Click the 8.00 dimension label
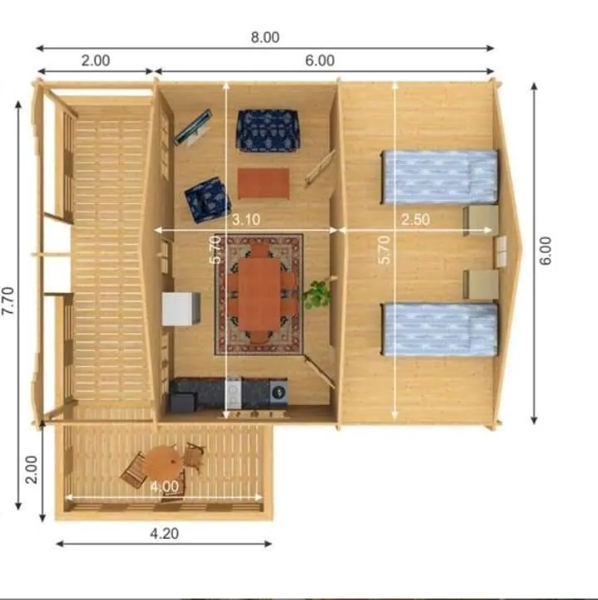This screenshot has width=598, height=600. point(265,37)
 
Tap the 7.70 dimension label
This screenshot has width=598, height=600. point(8,301)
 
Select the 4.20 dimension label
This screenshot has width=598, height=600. point(164,534)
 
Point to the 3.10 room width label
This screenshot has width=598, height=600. point(246,219)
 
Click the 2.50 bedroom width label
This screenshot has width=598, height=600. point(415,219)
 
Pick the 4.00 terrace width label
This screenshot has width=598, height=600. point(164,486)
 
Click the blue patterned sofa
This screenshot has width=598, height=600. point(267,131)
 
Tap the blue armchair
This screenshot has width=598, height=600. point(208,199)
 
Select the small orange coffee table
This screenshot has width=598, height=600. point(263,183)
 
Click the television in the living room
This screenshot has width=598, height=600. point(193,127)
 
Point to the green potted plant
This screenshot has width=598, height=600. point(316,294)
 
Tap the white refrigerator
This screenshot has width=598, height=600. point(180,309)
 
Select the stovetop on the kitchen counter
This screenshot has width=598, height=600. point(233,392)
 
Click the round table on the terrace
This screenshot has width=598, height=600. point(163,463)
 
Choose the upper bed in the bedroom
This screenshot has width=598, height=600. point(439,177)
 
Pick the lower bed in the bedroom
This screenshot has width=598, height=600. point(439,329)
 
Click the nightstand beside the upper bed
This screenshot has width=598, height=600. point(481,221)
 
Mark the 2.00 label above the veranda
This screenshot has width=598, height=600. point(96,61)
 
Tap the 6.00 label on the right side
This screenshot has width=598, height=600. point(545,251)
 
